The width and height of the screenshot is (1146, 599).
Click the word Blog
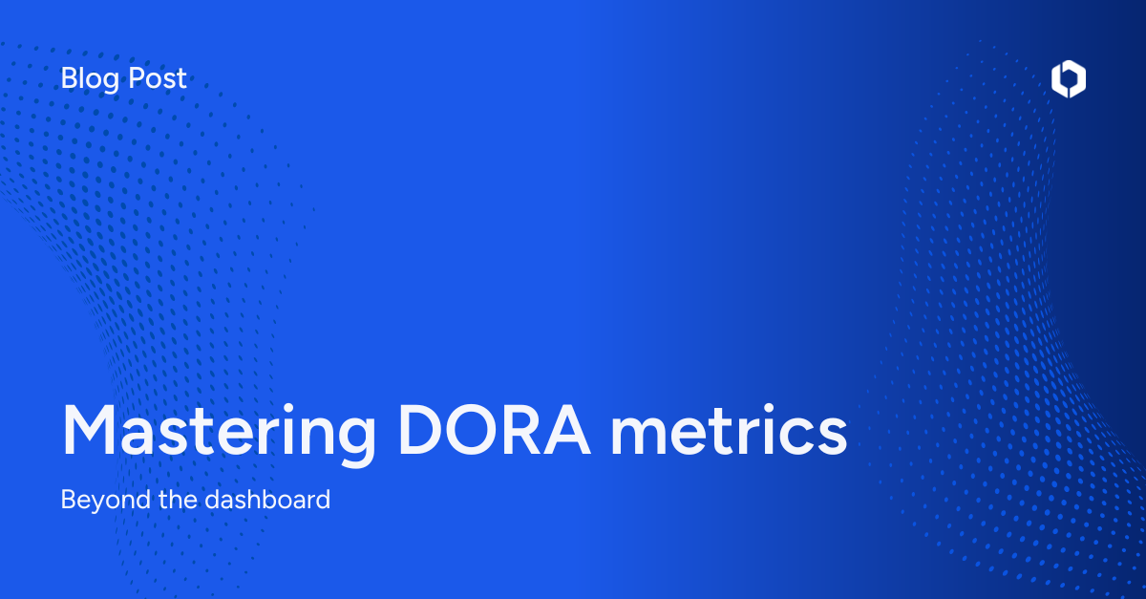tap(91, 78)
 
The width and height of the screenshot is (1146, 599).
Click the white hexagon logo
tap(1069, 79)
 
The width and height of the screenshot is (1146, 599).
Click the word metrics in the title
tap(729, 430)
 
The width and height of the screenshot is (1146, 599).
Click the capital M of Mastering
tap(92, 430)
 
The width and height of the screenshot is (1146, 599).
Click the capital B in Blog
tap(69, 78)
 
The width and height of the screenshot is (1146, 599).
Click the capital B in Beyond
tap(68, 499)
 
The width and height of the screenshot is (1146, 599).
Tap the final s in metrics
tap(832, 436)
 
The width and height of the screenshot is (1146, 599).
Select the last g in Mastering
tap(356, 439)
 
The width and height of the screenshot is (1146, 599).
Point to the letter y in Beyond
tap(95, 503)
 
